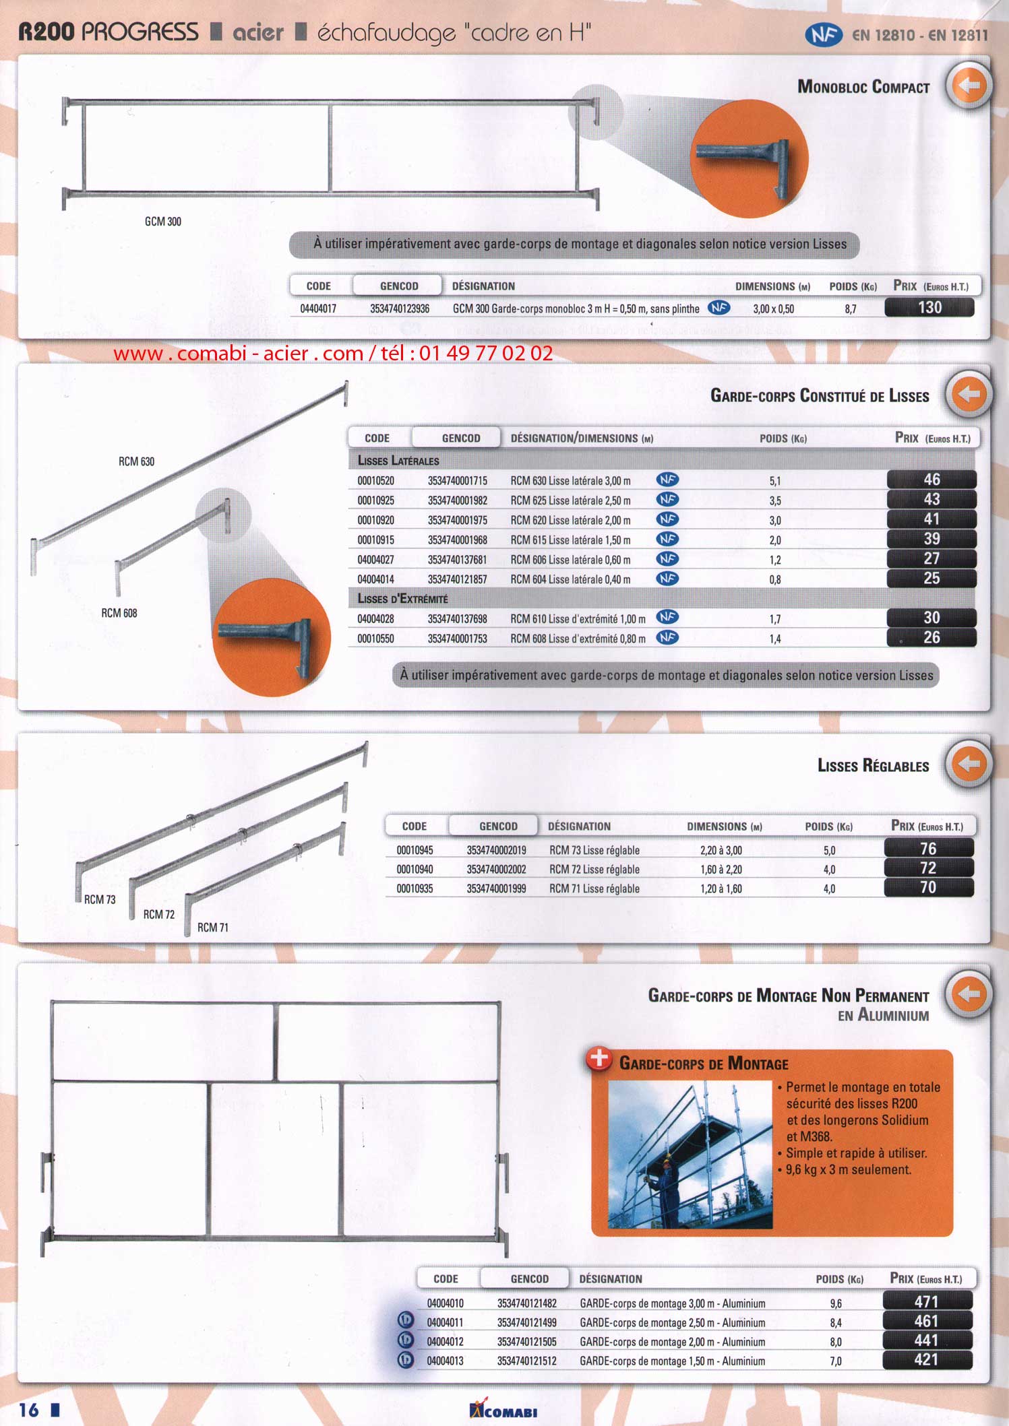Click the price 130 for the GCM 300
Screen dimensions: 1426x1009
[929, 308]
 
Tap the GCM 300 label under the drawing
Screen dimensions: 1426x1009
[163, 222]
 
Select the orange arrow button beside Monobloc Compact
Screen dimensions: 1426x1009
[969, 86]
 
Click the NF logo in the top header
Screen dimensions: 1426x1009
[823, 35]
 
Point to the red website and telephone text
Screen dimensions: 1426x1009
[333, 353]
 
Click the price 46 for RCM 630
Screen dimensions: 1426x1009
[931, 480]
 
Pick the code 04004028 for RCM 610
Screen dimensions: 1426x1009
[375, 619]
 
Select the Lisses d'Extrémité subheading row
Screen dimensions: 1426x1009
[402, 599]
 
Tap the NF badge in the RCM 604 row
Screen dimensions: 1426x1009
[667, 579]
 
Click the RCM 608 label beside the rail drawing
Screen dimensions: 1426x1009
[119, 613]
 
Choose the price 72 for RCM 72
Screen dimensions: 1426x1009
[928, 868]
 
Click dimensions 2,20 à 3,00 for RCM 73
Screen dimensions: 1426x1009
[721, 851]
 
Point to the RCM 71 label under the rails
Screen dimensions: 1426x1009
[213, 928]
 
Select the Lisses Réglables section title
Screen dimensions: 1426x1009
[873, 766]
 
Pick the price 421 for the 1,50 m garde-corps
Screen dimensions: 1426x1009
[926, 1360]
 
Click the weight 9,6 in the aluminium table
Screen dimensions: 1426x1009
[836, 1304]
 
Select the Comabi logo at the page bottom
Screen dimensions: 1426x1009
[503, 1410]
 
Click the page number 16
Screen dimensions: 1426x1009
[30, 1410]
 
